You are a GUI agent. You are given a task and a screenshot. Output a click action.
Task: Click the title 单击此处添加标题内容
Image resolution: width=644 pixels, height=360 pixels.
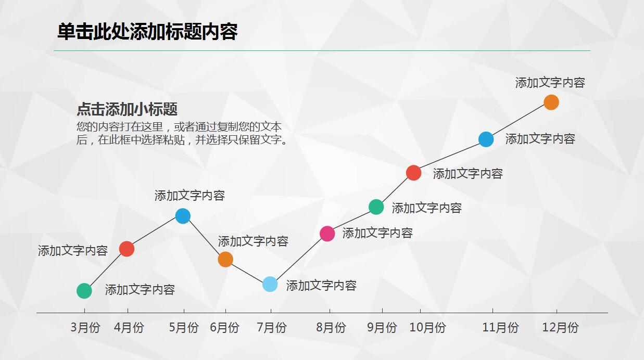(x=147, y=32)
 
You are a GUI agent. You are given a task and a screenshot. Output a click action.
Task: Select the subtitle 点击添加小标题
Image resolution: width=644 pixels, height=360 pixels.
(x=127, y=109)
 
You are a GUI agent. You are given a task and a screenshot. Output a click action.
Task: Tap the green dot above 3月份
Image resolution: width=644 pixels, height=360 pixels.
(x=84, y=291)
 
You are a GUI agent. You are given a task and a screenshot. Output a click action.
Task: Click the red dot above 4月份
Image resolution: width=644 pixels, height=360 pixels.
(x=127, y=249)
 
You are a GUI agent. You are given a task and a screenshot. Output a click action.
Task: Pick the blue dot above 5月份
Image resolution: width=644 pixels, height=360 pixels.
(x=183, y=216)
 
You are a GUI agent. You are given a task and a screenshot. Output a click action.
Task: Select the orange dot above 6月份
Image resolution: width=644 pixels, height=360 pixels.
(x=225, y=259)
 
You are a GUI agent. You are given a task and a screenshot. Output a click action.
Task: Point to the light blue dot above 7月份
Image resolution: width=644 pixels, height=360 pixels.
(x=270, y=284)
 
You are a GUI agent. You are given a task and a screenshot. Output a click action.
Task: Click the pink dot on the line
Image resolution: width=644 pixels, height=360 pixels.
(x=327, y=234)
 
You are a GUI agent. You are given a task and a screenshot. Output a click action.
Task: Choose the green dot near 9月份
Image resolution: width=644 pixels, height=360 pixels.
(x=376, y=207)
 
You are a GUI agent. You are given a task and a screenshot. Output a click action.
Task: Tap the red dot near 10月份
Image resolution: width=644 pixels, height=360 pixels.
(x=413, y=173)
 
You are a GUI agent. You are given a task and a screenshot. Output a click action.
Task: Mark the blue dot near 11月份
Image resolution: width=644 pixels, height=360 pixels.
(x=486, y=139)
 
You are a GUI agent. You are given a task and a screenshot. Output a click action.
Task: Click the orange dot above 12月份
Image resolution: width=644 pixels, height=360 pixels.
(x=551, y=102)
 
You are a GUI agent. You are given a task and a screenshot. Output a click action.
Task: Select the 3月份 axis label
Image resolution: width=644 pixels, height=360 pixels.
(x=85, y=328)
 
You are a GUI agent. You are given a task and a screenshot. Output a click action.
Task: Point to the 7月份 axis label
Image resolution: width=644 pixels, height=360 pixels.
(x=271, y=328)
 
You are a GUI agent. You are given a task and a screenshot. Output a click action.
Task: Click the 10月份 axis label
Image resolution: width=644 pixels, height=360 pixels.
(x=427, y=328)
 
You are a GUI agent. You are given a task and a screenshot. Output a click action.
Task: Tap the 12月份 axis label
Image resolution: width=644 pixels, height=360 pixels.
(x=560, y=328)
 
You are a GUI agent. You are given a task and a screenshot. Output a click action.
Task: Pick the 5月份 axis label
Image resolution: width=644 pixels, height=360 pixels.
(x=183, y=328)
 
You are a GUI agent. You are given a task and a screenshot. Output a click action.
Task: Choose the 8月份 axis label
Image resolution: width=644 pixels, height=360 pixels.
(x=331, y=328)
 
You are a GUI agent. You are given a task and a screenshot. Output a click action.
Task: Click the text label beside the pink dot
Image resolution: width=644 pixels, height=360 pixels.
(x=377, y=233)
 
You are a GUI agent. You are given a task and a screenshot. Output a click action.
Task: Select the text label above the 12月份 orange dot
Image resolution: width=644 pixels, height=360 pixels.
(x=550, y=83)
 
